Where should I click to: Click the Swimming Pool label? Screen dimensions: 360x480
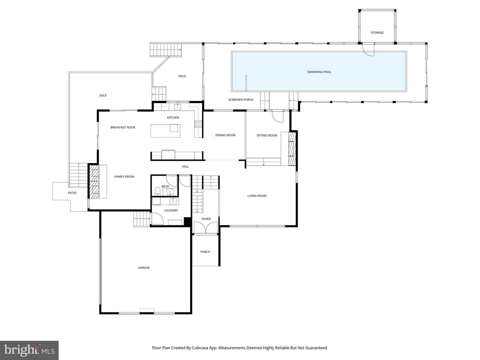click(x=319, y=72)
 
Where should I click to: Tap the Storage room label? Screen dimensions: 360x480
click(x=377, y=33)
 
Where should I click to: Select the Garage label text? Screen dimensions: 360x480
click(x=144, y=268)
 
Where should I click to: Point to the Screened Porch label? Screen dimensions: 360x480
click(x=241, y=100)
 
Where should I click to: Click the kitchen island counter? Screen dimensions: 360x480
click(x=165, y=131)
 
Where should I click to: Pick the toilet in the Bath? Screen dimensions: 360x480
click(x=157, y=191)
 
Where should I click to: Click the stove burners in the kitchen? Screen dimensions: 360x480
click(x=198, y=124)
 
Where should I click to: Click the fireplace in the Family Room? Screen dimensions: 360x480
click(x=94, y=181)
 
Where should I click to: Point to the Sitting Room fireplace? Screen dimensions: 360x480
click(x=292, y=148)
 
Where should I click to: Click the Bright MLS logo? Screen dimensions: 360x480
click(x=29, y=350)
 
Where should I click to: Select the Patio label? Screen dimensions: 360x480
click(x=72, y=193)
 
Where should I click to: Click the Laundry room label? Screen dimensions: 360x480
click(x=171, y=210)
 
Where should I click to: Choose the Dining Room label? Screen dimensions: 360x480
click(x=225, y=135)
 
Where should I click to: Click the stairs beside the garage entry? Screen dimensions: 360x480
click(x=142, y=219)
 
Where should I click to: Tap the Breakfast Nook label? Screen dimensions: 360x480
click(x=123, y=127)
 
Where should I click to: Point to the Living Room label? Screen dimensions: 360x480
click(x=257, y=196)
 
